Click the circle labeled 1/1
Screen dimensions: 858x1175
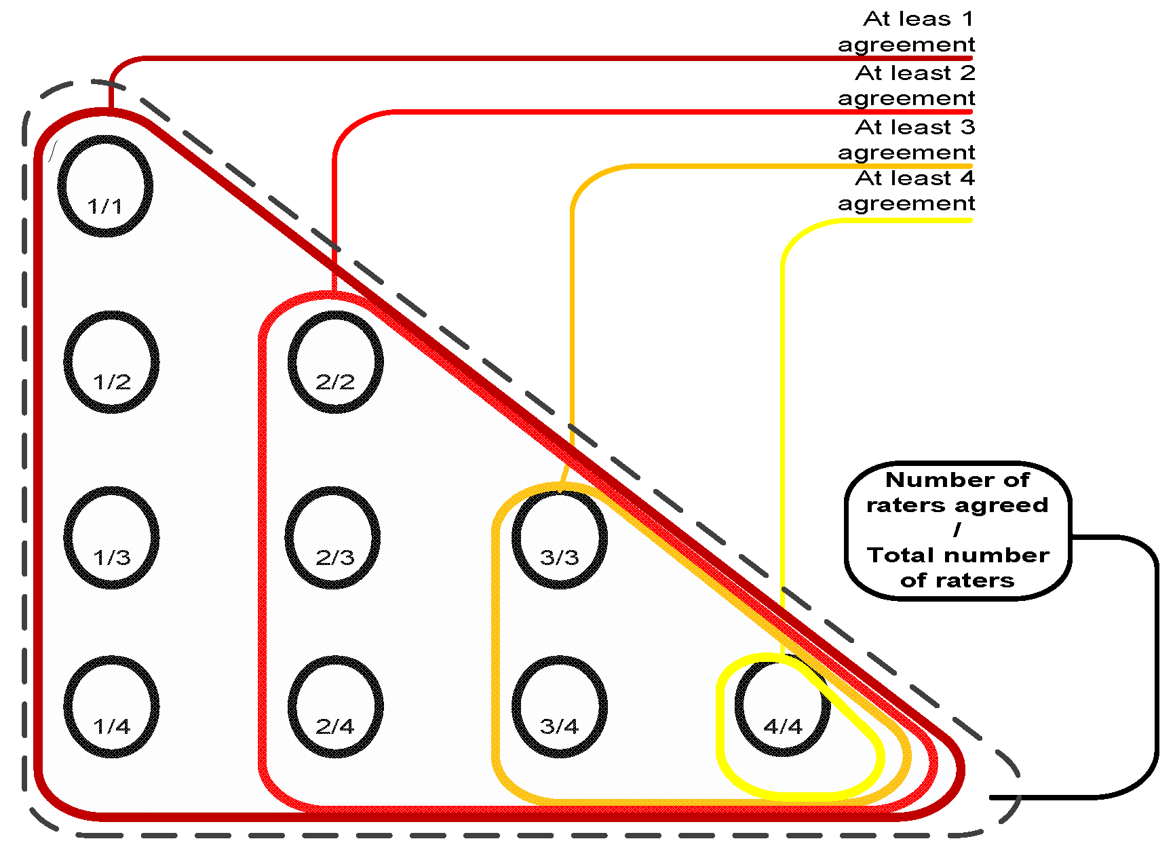(105, 186)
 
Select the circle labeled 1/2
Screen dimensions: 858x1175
(111, 362)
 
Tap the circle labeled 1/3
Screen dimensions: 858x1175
(111, 537)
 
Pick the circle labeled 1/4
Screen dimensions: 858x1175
(111, 706)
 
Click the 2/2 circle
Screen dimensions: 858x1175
(335, 362)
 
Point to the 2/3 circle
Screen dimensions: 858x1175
(332, 537)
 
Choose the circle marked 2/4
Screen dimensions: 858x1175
(335, 706)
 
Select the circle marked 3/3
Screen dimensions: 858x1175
(559, 537)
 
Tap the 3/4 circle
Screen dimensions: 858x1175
(559, 706)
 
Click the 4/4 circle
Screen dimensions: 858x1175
(782, 706)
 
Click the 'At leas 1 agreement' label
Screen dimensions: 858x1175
(906, 31)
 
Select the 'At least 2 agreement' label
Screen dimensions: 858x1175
(906, 85)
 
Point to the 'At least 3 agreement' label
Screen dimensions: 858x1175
(906, 139)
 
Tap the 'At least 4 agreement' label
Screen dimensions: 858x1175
(906, 190)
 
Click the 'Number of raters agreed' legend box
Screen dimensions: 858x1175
(957, 530)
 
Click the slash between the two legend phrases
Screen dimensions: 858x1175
(957, 530)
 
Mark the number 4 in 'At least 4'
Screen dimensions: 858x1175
(967, 178)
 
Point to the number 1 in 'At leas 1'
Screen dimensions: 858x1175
(967, 19)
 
